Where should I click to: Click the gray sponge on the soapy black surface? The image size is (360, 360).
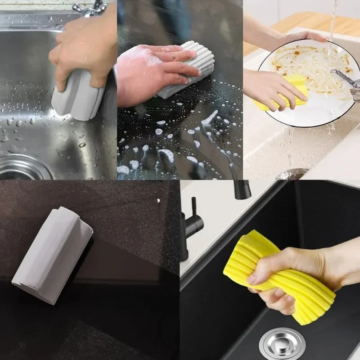pyautogui.click(x=189, y=72)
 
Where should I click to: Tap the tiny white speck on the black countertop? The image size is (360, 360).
pyautogui.click(x=159, y=200)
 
